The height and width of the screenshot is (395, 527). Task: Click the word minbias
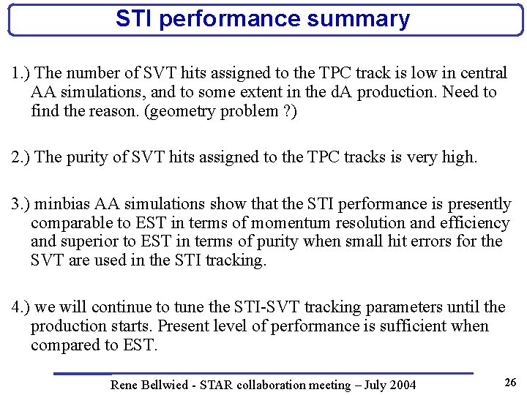pyautogui.click(x=61, y=204)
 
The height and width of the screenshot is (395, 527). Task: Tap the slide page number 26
pyautogui.click(x=509, y=382)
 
